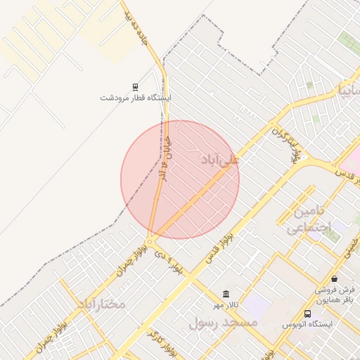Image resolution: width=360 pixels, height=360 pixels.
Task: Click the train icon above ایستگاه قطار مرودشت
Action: tap(135, 86)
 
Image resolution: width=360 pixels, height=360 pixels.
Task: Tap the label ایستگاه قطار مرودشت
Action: tap(135, 97)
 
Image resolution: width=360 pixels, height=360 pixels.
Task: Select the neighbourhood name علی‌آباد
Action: tap(220, 160)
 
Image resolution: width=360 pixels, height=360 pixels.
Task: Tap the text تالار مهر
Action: tap(226, 305)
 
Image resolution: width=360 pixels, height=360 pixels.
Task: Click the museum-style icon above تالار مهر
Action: tap(226, 294)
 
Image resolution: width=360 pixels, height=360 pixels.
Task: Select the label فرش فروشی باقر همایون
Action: tap(335, 295)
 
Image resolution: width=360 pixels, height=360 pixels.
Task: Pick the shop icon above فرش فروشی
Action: tap(334, 278)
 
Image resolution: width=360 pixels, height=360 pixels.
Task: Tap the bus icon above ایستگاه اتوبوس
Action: tap(307, 313)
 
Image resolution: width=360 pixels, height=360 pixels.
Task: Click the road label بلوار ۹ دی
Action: tap(172, 265)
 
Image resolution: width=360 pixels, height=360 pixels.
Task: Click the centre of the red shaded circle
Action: tap(180, 179)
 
